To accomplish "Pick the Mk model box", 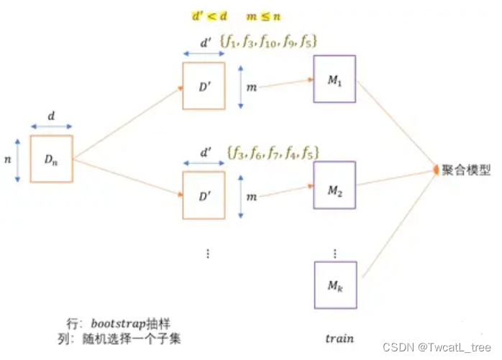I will click(334, 286).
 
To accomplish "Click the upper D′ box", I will click(205, 86).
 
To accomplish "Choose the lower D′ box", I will click(205, 195).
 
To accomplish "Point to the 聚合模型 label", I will click(467, 170).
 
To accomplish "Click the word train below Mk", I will click(339, 337).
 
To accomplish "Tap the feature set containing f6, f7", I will click(273, 152).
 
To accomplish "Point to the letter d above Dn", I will click(50, 115).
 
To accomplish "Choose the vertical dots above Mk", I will click(336, 253).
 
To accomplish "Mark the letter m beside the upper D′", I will click(250, 86).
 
